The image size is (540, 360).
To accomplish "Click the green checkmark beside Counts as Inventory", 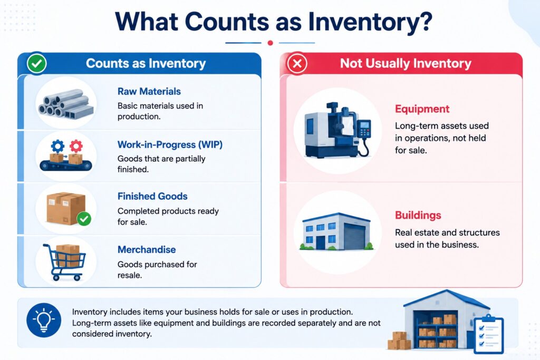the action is click(x=37, y=63).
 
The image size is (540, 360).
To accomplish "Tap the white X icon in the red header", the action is click(x=297, y=63).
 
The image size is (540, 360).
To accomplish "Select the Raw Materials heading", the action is click(x=149, y=91).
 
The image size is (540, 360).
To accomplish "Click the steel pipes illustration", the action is click(x=66, y=103).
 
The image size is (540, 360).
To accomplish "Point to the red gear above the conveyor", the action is click(x=76, y=147).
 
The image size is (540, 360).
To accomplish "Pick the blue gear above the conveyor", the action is click(x=57, y=147).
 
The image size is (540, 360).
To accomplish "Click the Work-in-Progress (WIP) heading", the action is click(x=170, y=144).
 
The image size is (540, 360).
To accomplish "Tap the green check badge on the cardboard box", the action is click(x=84, y=219).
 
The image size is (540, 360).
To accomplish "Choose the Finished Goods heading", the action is click(x=152, y=196).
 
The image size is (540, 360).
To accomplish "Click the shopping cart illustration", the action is click(x=64, y=261).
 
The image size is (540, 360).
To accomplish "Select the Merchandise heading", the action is click(x=147, y=249).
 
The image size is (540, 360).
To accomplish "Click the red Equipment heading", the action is click(x=422, y=109).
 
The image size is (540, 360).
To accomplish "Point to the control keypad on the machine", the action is click(x=364, y=129).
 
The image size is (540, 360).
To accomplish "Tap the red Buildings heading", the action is click(x=418, y=215).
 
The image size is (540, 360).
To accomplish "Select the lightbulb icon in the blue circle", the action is click(x=44, y=320).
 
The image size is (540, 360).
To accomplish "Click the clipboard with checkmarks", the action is click(x=489, y=334).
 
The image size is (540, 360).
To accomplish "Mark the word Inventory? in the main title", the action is click(x=370, y=21).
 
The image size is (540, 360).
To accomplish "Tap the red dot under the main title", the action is click(x=271, y=43).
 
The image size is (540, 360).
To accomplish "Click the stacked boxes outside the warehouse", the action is click(x=399, y=340).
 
